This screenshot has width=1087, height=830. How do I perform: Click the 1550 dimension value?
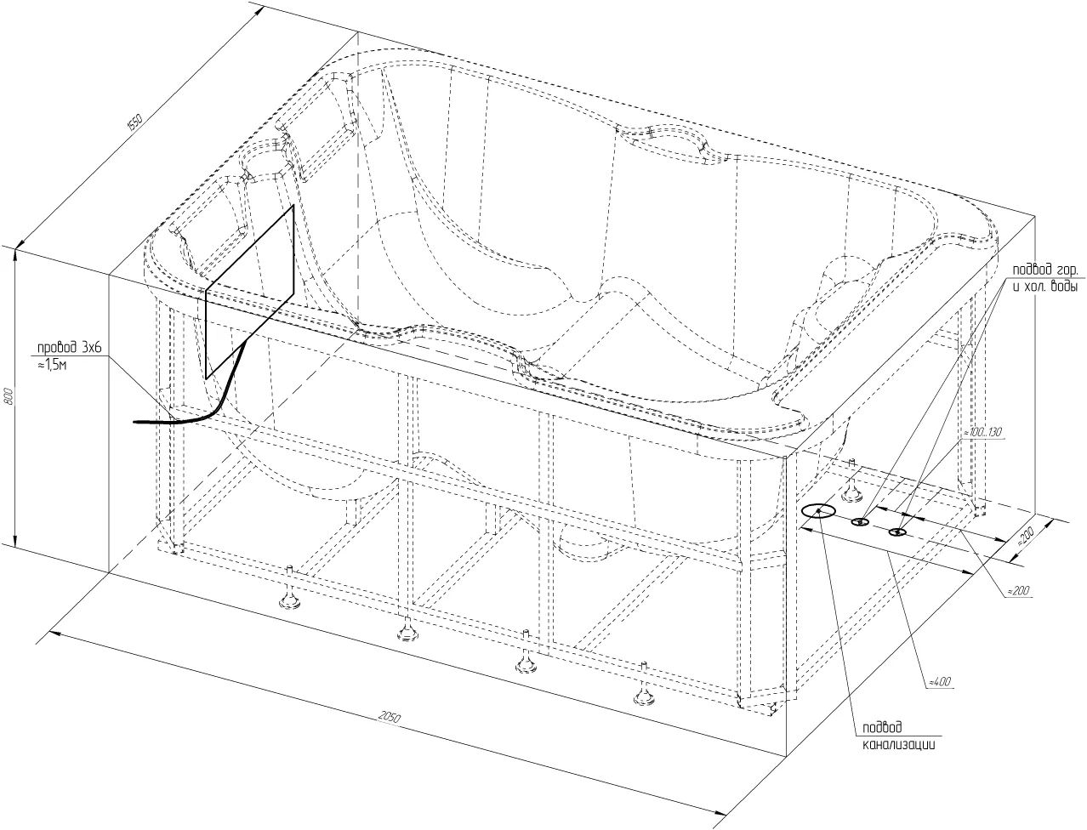(134, 122)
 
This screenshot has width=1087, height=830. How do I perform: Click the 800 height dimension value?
(9, 396)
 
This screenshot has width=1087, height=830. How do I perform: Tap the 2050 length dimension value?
(390, 717)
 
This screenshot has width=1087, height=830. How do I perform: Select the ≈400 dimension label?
(940, 682)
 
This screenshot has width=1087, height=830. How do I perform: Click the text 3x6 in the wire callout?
(92, 348)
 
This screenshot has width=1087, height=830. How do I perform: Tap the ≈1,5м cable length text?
(52, 366)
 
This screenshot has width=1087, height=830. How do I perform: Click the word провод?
(58, 348)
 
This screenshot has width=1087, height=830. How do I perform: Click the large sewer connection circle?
(818, 511)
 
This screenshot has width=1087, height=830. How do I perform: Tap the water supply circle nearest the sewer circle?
(860, 521)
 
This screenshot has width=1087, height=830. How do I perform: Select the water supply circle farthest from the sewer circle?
(897, 532)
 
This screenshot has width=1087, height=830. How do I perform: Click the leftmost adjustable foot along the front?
(290, 590)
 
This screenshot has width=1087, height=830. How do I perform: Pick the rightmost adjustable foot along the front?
(644, 686)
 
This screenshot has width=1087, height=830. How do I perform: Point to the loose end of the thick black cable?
(134, 422)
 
